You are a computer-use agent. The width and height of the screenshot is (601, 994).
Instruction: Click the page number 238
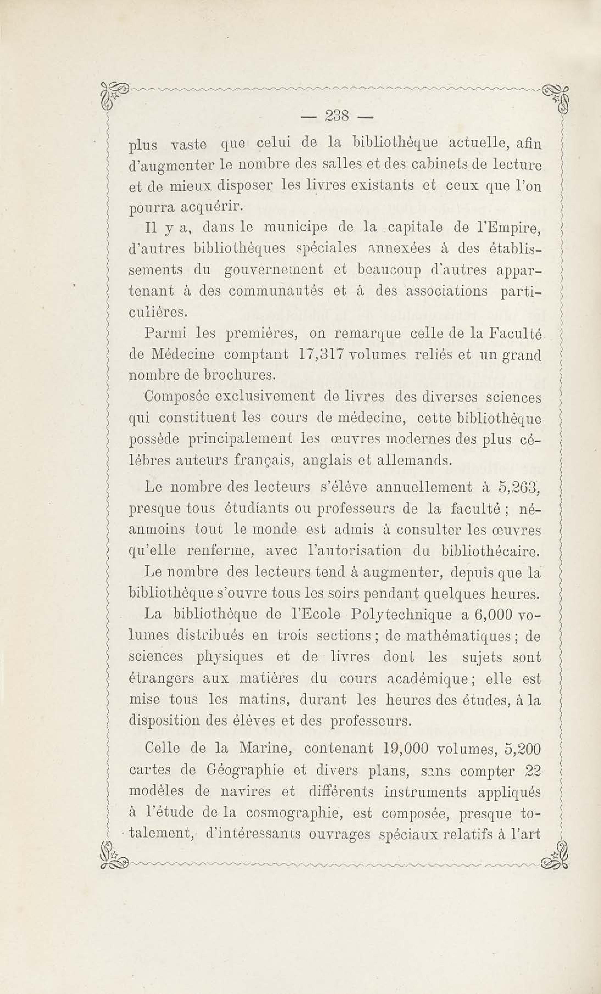pos(337,117)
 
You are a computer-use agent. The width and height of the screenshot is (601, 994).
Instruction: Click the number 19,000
pos(404,748)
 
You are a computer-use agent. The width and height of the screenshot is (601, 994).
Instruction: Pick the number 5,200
pos(522,748)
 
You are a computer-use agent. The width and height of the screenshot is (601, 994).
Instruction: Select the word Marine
pos(265,748)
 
